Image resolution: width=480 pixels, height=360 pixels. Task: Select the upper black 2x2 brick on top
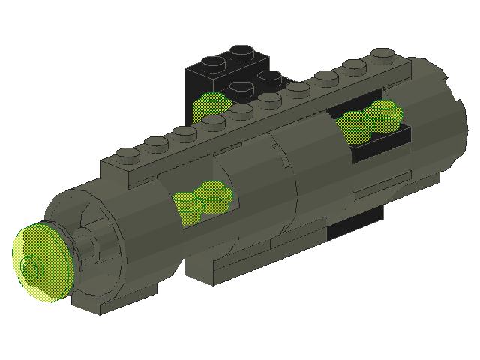coord(232,64)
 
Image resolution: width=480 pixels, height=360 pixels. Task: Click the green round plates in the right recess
coord(371,120)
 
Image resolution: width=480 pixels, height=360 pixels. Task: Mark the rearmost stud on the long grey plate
coord(382,54)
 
